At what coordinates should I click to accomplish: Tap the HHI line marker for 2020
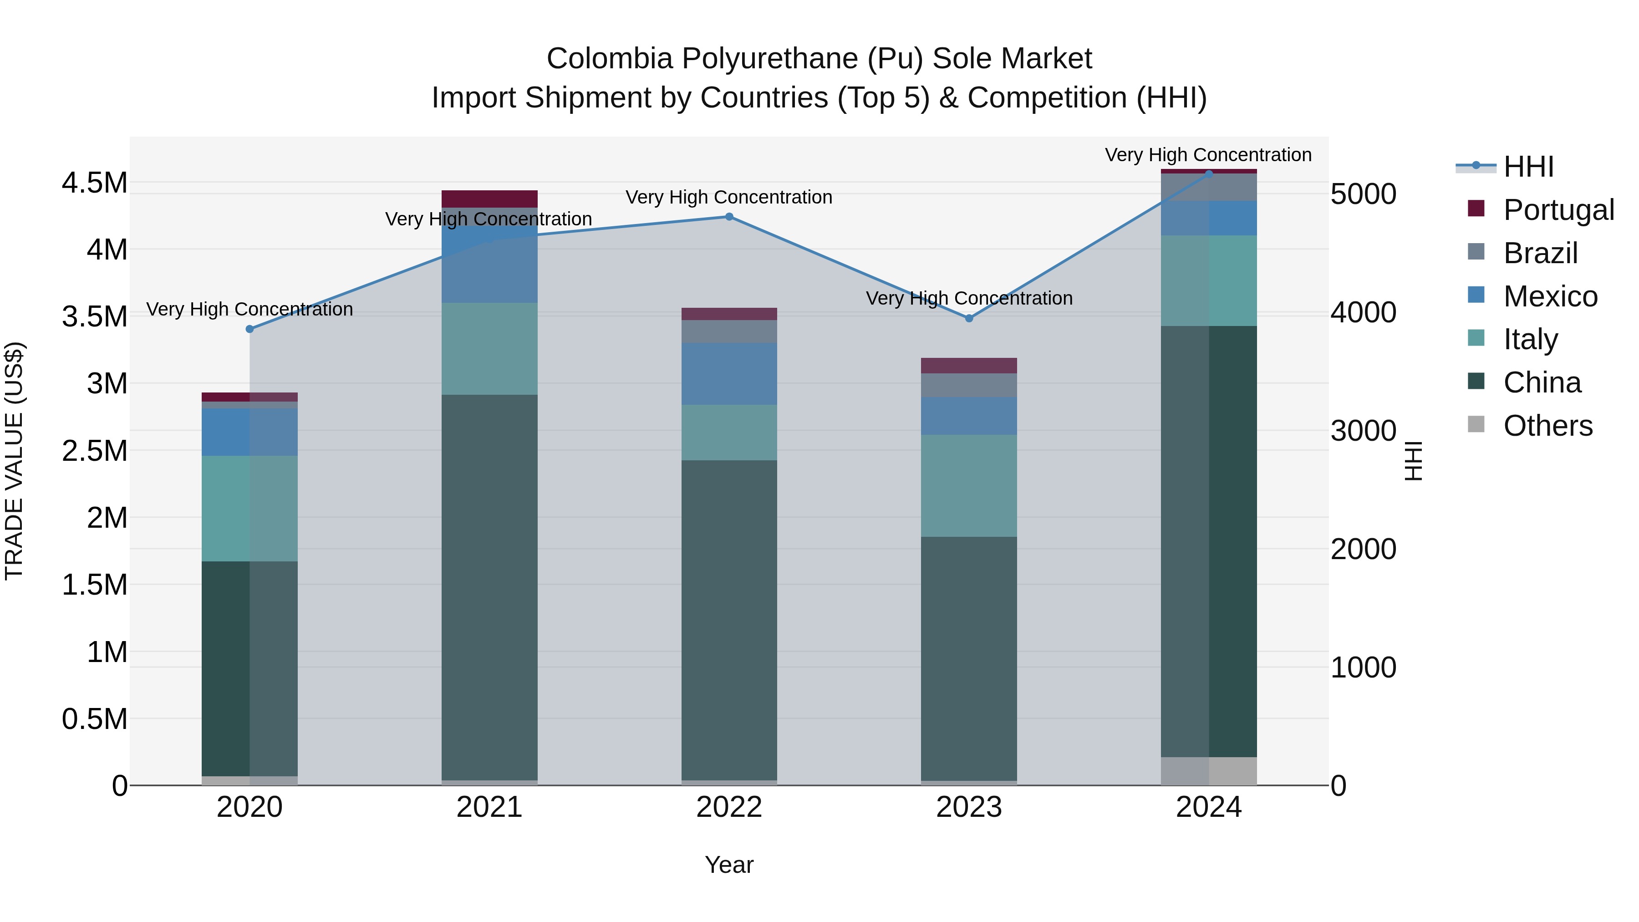[x=249, y=329]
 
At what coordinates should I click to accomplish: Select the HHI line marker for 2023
[x=969, y=318]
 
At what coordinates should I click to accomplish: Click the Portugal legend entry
[x=1558, y=209]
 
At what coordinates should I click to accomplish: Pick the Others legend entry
[x=1547, y=425]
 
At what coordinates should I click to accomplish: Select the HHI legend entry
[x=1528, y=167]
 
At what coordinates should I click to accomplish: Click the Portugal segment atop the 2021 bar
[x=489, y=199]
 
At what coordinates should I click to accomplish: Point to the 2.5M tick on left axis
[x=94, y=450]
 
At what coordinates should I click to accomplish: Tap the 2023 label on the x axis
[x=969, y=807]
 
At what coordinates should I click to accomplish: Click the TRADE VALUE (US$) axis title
[x=14, y=461]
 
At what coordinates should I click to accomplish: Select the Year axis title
[x=729, y=865]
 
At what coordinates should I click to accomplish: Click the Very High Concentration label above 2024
[x=1207, y=155]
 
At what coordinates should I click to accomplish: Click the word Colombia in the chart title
[x=610, y=59]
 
